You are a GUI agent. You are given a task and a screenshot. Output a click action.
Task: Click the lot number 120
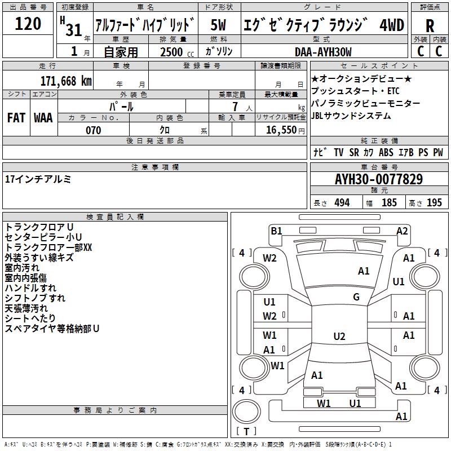28,24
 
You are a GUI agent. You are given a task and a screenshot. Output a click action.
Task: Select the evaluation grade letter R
430,25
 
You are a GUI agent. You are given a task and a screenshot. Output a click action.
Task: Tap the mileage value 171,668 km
66,81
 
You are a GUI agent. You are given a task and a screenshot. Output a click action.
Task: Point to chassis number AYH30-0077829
379,179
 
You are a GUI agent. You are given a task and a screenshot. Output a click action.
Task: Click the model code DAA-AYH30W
323,52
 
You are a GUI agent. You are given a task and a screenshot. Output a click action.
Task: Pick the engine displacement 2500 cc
173,52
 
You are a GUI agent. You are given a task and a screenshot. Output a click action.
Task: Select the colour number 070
93,130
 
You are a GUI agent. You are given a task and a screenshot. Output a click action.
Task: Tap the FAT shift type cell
16,118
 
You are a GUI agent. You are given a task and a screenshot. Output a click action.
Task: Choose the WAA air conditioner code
43,118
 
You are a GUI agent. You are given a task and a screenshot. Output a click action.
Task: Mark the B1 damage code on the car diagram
276,231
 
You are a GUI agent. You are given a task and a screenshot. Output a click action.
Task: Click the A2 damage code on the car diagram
402,231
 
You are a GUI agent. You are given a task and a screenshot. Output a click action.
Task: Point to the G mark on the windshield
356,297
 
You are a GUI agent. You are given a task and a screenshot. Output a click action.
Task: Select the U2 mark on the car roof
339,337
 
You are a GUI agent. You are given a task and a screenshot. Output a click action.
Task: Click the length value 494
342,203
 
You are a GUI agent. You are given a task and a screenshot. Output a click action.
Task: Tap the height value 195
434,203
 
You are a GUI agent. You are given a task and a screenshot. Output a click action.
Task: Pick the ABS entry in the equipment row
386,152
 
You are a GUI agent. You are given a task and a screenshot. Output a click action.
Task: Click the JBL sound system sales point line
351,116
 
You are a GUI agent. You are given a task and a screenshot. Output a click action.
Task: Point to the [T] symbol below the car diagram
246,431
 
